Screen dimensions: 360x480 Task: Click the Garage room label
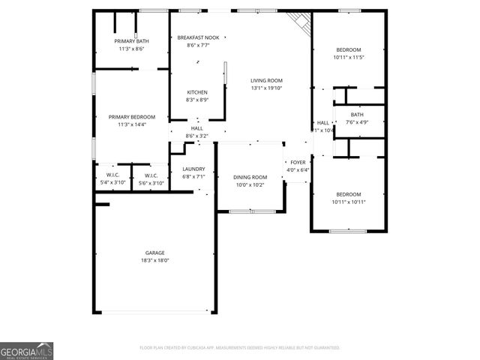(x=155, y=253)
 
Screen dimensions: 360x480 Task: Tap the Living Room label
(x=266, y=80)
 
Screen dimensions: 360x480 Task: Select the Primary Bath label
(x=131, y=40)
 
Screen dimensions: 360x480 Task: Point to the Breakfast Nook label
(x=198, y=37)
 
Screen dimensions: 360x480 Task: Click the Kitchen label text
(x=197, y=92)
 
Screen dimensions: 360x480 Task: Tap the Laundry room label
(x=193, y=169)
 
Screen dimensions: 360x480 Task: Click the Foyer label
(x=298, y=162)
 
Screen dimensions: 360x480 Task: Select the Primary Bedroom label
(x=131, y=117)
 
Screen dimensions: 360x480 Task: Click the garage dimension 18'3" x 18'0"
(x=155, y=260)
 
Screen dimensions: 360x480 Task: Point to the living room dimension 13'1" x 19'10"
(x=266, y=88)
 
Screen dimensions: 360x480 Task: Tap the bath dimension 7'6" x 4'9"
(x=357, y=122)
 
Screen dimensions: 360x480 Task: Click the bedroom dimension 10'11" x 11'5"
(x=347, y=57)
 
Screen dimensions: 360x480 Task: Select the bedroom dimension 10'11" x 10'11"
(x=348, y=202)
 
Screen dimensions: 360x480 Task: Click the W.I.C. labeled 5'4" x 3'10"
(x=113, y=183)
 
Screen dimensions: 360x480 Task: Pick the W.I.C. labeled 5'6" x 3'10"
(x=151, y=183)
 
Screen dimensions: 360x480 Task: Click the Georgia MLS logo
(x=26, y=350)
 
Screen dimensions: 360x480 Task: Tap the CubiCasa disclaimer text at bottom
(x=240, y=348)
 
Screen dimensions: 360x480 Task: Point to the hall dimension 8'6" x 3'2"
(x=197, y=136)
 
